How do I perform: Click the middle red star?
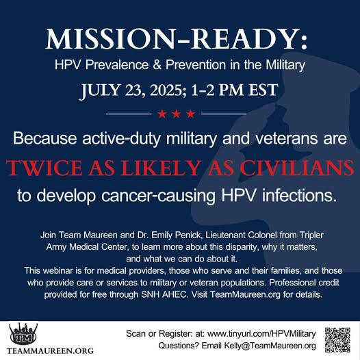(x=177, y=114)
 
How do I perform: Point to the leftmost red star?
(x=162, y=114)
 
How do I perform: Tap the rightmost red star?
(x=190, y=114)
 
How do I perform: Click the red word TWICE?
(x=44, y=168)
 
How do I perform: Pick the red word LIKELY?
(x=160, y=168)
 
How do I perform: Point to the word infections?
(x=299, y=196)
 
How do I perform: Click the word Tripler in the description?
(x=311, y=235)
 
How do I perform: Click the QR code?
(x=337, y=339)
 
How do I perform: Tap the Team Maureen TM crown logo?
(x=23, y=334)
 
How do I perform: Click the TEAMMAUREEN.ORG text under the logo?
(x=50, y=351)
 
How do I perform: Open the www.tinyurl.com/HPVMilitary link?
(x=261, y=334)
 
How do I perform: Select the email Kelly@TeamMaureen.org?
(x=270, y=346)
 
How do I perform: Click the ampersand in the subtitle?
(x=157, y=65)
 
